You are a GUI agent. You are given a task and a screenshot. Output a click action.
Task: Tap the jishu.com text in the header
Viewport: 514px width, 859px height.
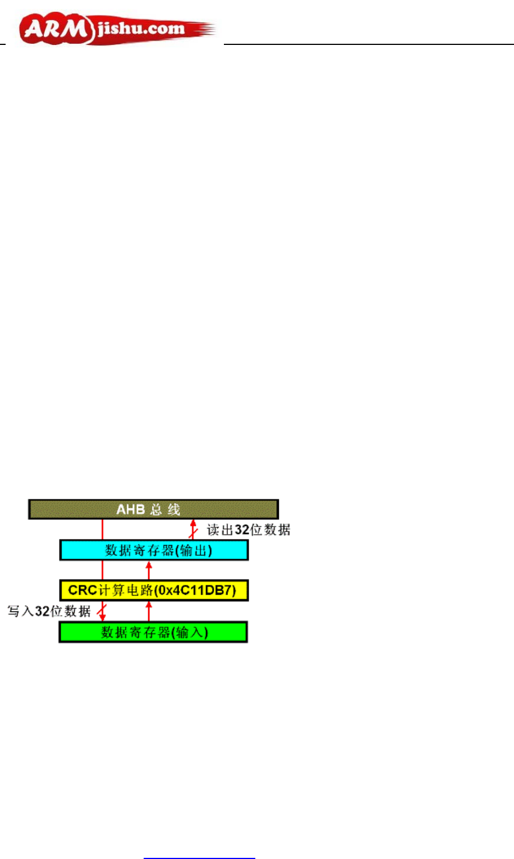tap(140, 28)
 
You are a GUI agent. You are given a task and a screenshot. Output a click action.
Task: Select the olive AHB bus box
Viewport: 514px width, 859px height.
tap(153, 509)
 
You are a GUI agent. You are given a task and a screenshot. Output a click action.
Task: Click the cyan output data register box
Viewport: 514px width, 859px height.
tap(154, 550)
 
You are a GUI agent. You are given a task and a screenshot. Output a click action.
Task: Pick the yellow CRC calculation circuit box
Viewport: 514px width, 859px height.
tap(154, 591)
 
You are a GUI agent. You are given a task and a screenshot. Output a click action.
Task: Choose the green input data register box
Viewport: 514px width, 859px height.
tap(153, 632)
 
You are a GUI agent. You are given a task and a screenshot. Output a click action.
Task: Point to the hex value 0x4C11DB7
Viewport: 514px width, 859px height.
tap(200, 591)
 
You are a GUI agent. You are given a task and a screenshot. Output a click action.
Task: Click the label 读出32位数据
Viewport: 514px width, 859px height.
tap(249, 530)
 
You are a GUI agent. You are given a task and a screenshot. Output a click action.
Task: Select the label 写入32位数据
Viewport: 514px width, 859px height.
tap(49, 611)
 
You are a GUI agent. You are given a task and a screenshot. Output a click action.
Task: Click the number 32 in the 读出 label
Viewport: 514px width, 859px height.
tap(242, 530)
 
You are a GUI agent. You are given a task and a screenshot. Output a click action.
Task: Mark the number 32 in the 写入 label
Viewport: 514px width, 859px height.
tap(43, 611)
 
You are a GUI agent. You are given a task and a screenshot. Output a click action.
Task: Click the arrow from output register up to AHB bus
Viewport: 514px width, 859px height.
tap(193, 529)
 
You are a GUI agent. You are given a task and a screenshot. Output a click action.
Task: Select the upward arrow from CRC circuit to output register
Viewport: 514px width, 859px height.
tap(149, 570)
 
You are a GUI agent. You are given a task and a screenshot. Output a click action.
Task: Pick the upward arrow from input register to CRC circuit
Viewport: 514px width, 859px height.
tap(149, 611)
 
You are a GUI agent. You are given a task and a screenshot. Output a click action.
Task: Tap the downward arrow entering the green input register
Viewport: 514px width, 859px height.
tap(102, 612)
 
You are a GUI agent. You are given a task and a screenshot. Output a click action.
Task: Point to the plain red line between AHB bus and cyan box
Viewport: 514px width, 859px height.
tap(102, 529)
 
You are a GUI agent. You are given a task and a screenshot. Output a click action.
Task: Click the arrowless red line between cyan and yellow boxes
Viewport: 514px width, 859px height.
tap(102, 570)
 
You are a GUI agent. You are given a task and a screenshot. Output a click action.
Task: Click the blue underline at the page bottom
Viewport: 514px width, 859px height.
tap(199, 858)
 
